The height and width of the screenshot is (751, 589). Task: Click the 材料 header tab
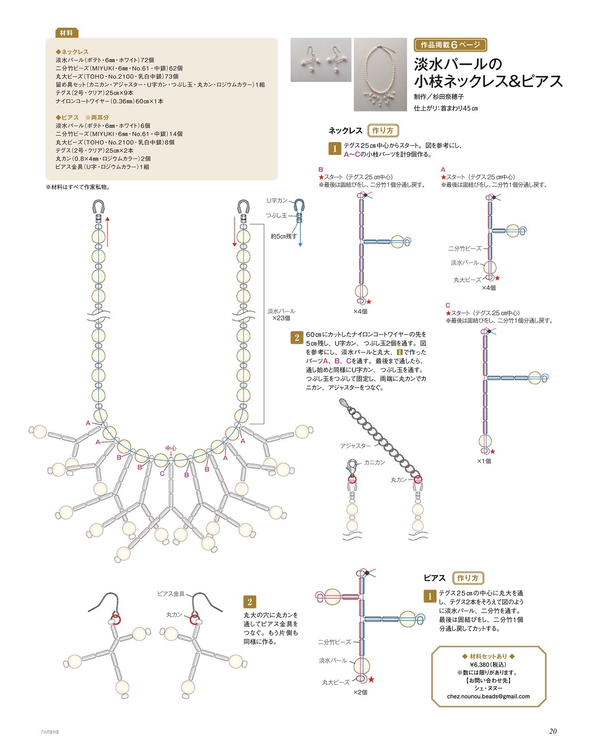click(66, 33)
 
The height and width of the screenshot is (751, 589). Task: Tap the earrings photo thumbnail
click(321, 59)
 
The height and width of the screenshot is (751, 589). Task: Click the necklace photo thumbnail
click(380, 74)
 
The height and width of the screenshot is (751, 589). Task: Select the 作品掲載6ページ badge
click(450, 45)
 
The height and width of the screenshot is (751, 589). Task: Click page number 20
click(553, 731)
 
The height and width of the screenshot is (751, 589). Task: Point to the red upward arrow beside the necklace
click(107, 232)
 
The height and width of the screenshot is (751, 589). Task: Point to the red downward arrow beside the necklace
click(235, 232)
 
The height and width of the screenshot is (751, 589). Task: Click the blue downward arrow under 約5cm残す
click(300, 237)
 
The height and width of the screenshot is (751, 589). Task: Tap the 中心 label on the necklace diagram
click(171, 448)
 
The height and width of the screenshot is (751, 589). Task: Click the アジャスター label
click(355, 446)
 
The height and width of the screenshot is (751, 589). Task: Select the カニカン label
click(374, 462)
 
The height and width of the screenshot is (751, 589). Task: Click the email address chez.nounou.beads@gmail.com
click(489, 696)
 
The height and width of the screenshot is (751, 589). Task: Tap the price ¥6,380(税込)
click(489, 664)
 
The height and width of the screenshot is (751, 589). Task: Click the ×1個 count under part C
click(484, 461)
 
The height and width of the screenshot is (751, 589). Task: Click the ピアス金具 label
click(171, 594)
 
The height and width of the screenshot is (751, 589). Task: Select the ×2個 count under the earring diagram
click(360, 692)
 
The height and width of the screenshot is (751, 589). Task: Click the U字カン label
click(277, 201)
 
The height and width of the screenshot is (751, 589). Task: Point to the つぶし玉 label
click(276, 215)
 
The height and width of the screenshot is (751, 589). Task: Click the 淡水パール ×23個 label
click(281, 315)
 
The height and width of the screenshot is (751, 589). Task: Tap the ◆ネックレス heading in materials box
click(72, 52)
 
